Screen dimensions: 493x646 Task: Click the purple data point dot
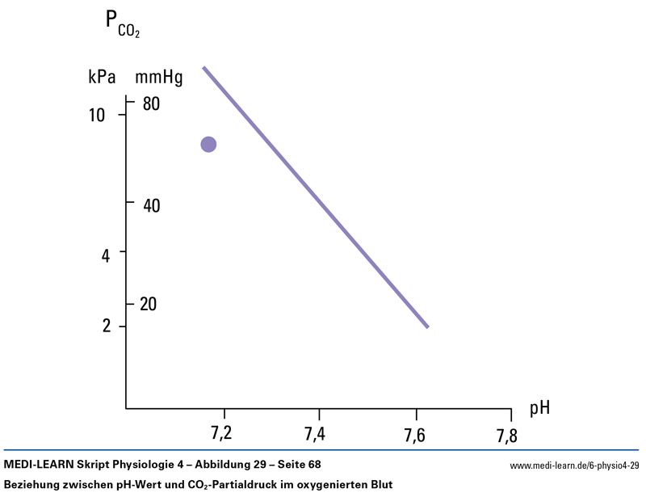pos(208,145)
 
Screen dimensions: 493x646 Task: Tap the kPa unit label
pos(103,78)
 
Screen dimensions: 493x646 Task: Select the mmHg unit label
pos(159,78)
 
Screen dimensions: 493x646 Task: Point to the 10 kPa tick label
pos(97,116)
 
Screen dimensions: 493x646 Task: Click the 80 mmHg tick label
pos(152,103)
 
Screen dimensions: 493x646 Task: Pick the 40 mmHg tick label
pos(152,205)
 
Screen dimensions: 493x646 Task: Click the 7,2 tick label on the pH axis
pos(221,434)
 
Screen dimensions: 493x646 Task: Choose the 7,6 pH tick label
pos(413,435)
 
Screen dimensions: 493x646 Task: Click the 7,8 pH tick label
pos(507,436)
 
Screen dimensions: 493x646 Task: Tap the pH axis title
pos(540,407)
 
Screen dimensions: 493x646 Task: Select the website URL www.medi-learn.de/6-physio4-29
pos(574,466)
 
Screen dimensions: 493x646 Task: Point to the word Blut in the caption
pos(380,485)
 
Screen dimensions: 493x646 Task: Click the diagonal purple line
pos(315,196)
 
